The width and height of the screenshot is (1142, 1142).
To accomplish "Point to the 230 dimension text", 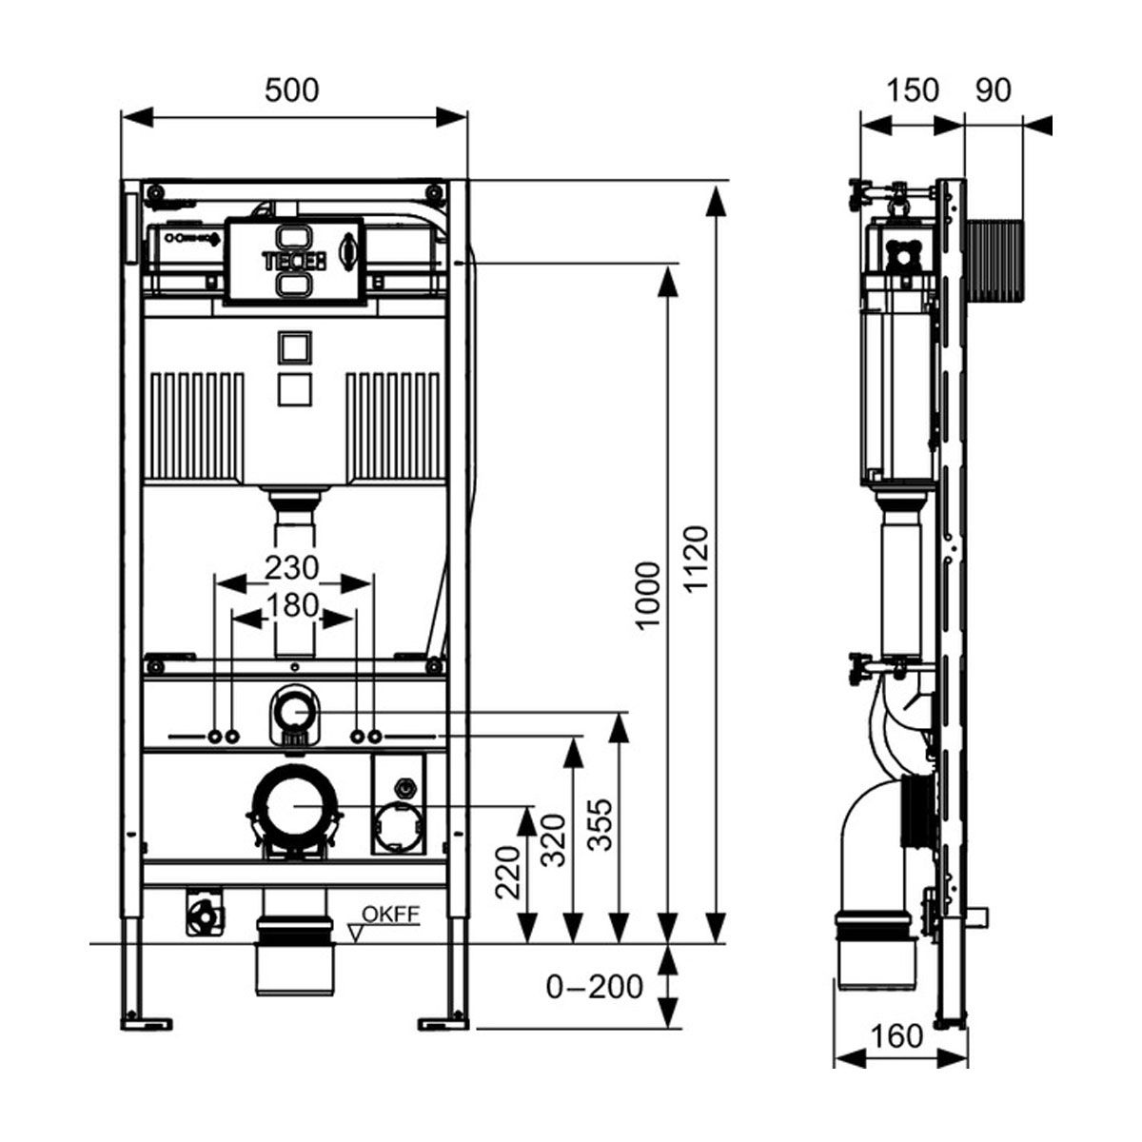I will tap(291, 568).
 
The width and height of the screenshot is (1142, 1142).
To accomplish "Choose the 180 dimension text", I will tap(291, 605).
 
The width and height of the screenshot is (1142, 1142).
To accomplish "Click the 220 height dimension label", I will tap(508, 873).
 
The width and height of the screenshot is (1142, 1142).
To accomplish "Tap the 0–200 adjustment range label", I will tap(595, 986).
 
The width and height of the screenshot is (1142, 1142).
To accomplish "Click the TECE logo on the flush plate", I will tap(293, 259).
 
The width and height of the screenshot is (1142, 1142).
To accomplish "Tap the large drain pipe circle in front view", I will tap(294, 805).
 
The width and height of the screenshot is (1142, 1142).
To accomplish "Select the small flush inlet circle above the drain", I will tap(294, 710).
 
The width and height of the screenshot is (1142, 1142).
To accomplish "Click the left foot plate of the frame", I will tap(147, 1023).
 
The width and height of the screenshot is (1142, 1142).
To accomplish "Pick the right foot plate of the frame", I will tap(443, 1023).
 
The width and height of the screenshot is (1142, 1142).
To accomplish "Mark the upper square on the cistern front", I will tap(293, 348).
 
